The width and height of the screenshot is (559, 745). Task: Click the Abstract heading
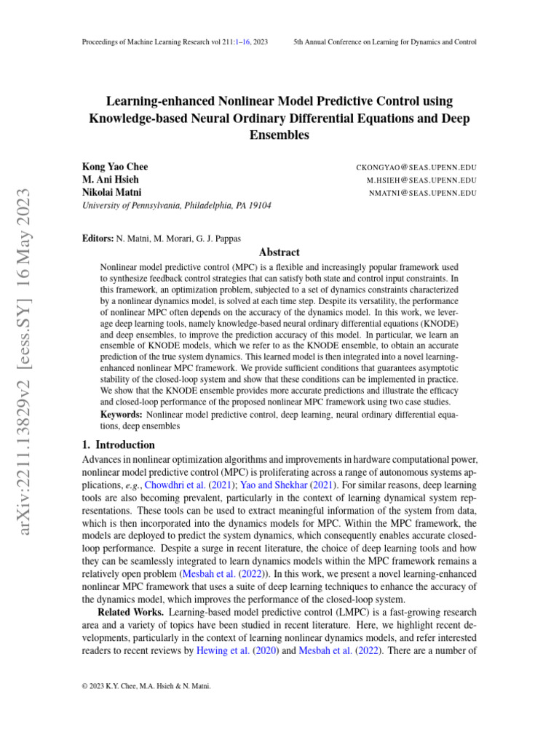click(x=279, y=252)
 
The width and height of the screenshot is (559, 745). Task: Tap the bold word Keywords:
click(x=121, y=414)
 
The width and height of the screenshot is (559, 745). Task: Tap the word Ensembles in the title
click(x=279, y=135)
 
